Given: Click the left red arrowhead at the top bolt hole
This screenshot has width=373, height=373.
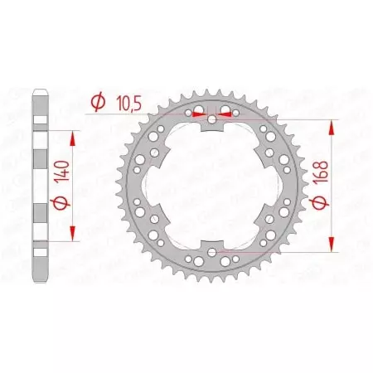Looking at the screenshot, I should tap(198, 114).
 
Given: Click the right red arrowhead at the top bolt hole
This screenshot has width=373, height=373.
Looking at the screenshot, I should tap(226, 114).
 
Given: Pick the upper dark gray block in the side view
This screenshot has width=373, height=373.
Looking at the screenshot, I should tap(40, 157).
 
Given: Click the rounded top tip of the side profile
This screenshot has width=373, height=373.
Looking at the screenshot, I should tap(40, 93).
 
